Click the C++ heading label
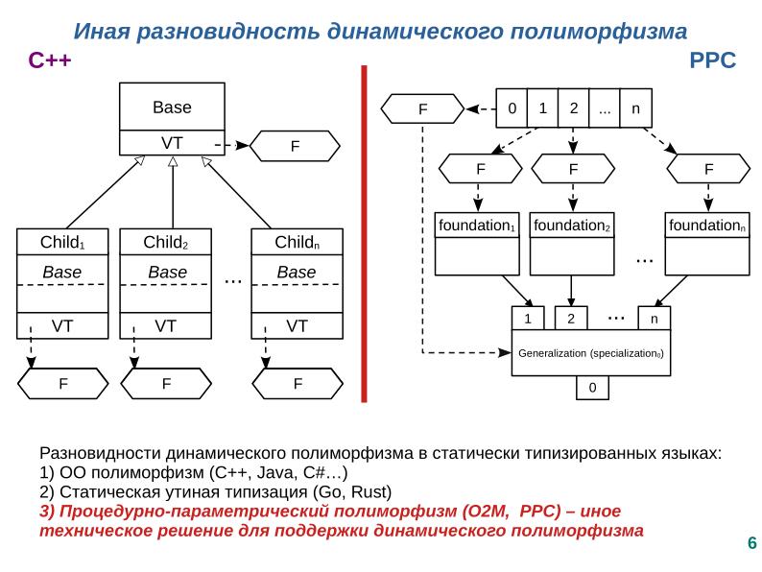(x=50, y=61)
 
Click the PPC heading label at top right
(x=712, y=61)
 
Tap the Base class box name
(x=172, y=107)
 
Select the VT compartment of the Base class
(x=172, y=143)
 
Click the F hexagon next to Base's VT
(x=295, y=147)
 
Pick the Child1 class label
(x=62, y=243)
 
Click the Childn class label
(x=297, y=243)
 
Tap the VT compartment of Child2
(x=165, y=326)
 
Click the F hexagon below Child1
(x=63, y=384)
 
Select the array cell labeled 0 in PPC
(x=512, y=108)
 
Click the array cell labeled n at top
(x=635, y=108)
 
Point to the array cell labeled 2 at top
(x=573, y=108)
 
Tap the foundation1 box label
(x=477, y=226)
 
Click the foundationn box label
(x=707, y=226)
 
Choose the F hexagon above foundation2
(x=573, y=170)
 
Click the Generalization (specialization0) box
(x=590, y=352)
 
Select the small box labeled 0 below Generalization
(x=591, y=388)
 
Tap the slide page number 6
(x=751, y=544)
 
